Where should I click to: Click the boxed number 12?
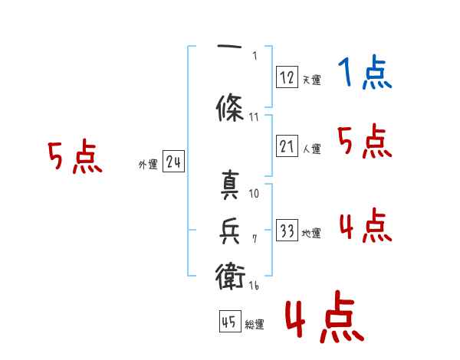(x=287, y=77)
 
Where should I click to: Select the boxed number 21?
(x=287, y=146)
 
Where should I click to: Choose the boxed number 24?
(x=173, y=162)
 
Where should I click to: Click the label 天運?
(x=311, y=80)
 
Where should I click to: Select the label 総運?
(x=255, y=325)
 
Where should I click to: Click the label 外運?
(x=147, y=164)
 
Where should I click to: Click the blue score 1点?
(x=364, y=74)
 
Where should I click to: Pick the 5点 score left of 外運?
(x=74, y=158)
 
